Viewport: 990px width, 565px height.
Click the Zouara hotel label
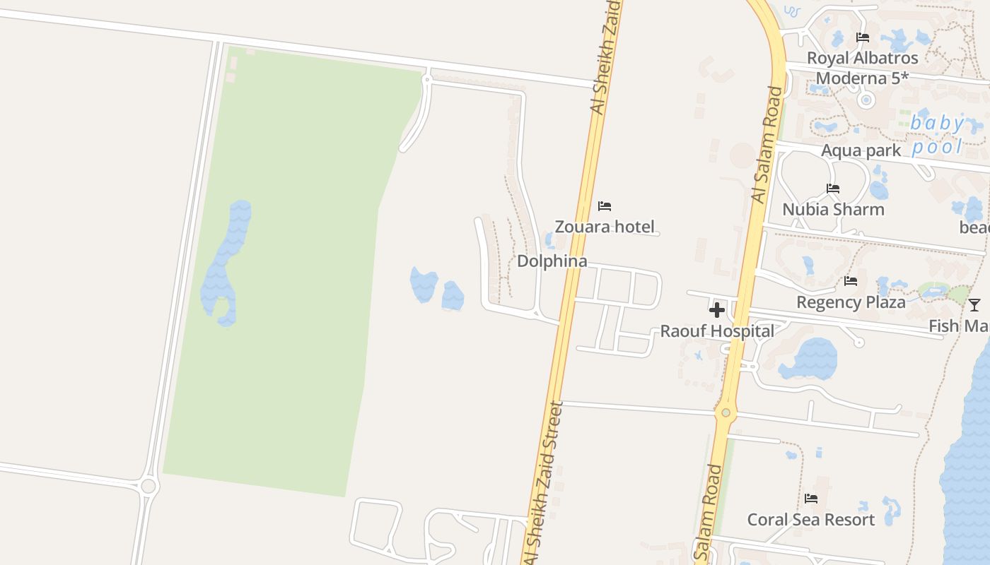tap(605, 227)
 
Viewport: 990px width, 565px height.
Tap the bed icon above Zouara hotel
tap(605, 206)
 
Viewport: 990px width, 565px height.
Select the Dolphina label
tap(552, 261)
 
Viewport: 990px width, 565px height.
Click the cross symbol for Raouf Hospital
tap(717, 310)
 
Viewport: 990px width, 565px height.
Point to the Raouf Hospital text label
tap(717, 331)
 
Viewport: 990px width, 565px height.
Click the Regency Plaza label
tap(851, 302)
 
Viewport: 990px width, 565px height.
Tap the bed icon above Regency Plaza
tap(851, 281)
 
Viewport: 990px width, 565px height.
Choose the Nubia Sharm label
tap(833, 209)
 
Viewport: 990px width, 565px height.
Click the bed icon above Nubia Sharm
tap(833, 189)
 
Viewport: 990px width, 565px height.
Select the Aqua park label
tap(861, 150)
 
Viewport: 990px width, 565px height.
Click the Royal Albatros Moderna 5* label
tap(863, 68)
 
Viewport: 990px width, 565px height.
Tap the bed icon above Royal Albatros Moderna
tap(863, 37)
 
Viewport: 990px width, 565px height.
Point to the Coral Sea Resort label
tap(811, 520)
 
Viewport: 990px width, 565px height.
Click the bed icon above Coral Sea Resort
tap(811, 499)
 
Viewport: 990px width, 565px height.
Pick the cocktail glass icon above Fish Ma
tap(974, 305)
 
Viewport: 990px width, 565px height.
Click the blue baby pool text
tap(938, 135)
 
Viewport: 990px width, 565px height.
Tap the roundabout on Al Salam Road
tap(726, 412)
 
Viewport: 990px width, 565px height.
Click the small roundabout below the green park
tap(148, 486)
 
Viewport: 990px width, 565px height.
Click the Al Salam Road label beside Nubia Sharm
tap(768, 145)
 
